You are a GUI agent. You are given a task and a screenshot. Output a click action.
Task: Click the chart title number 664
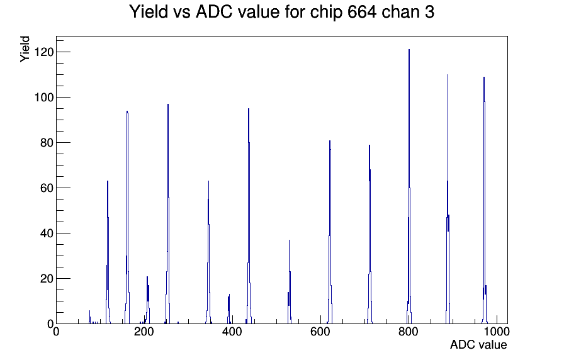pos(362,12)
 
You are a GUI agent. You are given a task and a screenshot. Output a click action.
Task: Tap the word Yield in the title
pos(149,12)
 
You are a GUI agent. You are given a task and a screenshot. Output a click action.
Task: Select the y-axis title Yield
pos(25,49)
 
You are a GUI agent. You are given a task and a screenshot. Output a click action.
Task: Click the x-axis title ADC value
pos(478,344)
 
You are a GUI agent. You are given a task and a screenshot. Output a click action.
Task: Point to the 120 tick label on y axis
pos(43,52)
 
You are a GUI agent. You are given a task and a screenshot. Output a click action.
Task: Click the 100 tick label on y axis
pos(43,98)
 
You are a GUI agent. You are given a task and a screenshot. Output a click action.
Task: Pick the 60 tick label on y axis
pos(47,188)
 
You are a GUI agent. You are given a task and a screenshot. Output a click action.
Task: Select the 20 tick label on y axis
pos(47,279)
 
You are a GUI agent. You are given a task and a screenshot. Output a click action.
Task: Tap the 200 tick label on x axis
pos(144,332)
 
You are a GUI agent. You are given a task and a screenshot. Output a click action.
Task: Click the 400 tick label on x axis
pos(232,332)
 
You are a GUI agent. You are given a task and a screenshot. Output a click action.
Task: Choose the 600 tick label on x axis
pos(320,332)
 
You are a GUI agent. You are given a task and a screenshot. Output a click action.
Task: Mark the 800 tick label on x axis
pos(409,332)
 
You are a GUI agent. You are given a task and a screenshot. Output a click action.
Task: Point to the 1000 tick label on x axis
pos(497,332)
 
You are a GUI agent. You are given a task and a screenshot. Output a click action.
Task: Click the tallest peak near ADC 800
pos(409,187)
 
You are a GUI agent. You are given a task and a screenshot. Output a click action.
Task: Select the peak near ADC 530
pos(289,282)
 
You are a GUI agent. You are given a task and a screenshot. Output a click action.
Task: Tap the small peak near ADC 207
pos(147,300)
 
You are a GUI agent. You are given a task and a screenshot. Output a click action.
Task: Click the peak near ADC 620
pos(330,232)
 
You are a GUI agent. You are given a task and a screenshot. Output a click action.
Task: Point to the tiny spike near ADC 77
pos(90,317)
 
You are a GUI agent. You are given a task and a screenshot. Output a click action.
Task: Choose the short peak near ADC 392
pos(228,309)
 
